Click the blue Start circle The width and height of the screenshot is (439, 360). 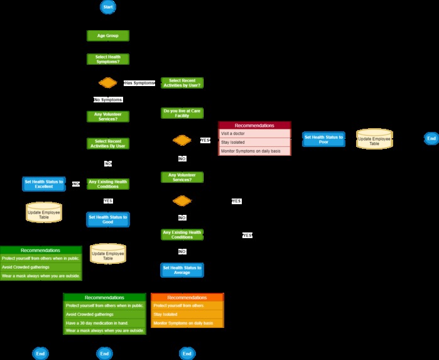pos(107,6)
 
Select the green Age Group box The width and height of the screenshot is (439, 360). pos(107,36)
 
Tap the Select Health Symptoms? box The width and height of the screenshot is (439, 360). pos(107,59)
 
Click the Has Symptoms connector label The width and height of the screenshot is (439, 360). pos(139,83)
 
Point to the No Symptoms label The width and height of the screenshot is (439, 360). pos(108,100)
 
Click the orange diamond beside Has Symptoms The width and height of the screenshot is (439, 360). pos(107,83)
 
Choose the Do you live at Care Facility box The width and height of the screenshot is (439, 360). pos(182,113)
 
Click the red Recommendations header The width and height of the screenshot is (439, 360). pos(254,126)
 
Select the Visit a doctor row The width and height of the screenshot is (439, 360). pos(254,134)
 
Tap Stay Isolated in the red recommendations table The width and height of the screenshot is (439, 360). pos(254,143)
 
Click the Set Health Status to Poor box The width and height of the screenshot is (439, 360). pos(323,139)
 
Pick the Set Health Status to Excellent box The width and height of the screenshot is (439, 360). pos(44,183)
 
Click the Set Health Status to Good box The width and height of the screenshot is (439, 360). pos(107,219)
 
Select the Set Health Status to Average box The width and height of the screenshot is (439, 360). pos(182,270)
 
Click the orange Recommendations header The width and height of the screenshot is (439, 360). pos(187,297)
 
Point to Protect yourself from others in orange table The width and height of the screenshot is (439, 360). pos(187,305)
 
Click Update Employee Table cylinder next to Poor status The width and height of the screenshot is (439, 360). pos(374,139)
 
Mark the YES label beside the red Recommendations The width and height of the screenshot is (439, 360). pos(205,140)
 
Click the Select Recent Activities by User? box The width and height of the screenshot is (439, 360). pos(182,83)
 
